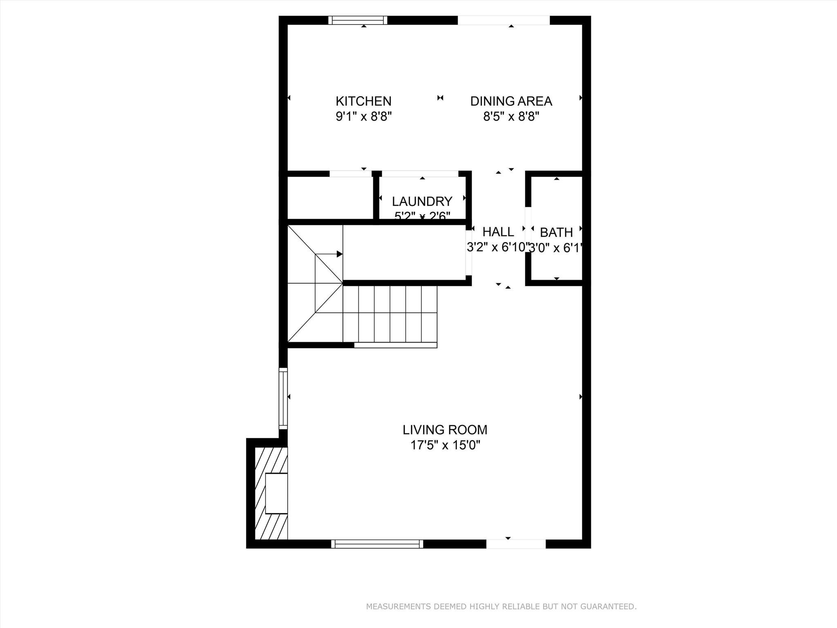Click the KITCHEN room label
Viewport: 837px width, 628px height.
[x=363, y=101]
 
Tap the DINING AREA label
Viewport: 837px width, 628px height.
[x=511, y=101]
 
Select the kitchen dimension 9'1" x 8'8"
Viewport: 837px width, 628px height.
[x=363, y=117]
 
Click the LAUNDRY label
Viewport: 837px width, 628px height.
[x=422, y=201]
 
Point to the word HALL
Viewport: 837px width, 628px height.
[x=498, y=232]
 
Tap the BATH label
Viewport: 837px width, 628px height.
[x=556, y=232]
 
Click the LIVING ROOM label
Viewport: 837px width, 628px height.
[x=445, y=430]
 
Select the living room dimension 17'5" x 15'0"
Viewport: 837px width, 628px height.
[x=445, y=445]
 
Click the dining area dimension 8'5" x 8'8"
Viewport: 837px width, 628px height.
[x=511, y=117]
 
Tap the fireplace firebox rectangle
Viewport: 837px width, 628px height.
[x=276, y=493]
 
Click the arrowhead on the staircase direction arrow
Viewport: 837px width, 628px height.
[x=339, y=254]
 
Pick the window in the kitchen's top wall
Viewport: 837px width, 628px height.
[x=358, y=20]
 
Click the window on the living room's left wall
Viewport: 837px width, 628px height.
[x=283, y=398]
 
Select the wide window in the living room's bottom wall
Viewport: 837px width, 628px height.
[x=377, y=544]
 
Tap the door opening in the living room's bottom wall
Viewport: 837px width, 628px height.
[x=516, y=544]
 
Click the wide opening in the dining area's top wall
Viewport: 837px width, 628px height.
[x=504, y=20]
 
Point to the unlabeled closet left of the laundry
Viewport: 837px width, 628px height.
[x=330, y=198]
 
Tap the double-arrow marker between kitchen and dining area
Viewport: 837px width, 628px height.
[x=440, y=98]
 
